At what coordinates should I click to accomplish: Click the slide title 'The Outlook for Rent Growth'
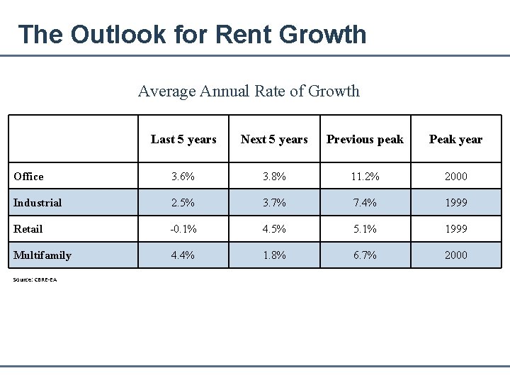192,34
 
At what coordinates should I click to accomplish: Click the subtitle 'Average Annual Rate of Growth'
249,91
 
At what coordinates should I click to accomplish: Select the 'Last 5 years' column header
183,139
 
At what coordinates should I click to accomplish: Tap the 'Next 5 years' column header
274,139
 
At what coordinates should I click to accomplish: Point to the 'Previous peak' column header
365,139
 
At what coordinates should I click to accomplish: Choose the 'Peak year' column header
455,139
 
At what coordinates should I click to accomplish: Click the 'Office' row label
28,177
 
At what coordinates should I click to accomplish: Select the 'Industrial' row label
38,203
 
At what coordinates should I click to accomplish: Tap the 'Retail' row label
28,229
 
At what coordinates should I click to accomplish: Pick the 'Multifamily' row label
42,255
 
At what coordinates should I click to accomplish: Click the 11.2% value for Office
365,177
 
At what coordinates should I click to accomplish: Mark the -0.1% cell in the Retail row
183,229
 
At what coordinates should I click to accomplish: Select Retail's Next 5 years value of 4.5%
274,229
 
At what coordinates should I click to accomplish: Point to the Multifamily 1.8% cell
274,255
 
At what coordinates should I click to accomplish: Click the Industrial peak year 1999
455,203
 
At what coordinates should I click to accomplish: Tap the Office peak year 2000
455,177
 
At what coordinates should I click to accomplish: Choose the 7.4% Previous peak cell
365,203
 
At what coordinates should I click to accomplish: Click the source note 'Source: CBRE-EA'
35,279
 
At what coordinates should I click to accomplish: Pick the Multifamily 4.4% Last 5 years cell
183,255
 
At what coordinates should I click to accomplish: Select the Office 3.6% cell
183,177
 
